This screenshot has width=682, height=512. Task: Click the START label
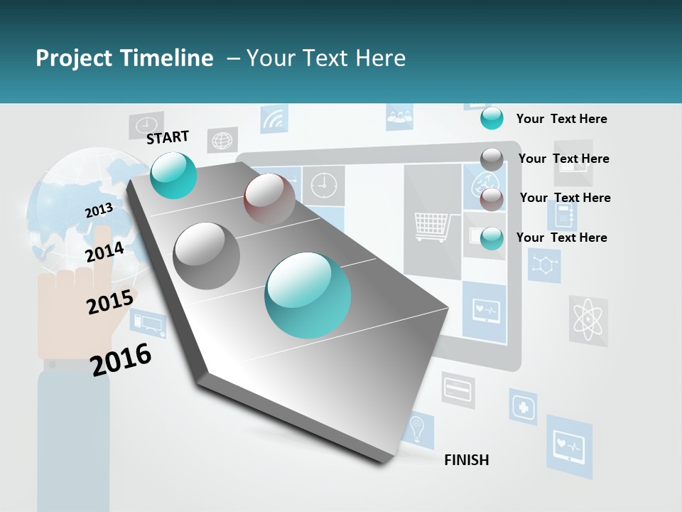(168, 137)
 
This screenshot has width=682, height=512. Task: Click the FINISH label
(466, 460)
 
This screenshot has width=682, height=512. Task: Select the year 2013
(99, 210)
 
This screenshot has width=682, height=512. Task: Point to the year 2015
(109, 302)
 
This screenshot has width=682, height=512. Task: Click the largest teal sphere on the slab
(308, 295)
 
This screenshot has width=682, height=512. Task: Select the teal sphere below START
(173, 175)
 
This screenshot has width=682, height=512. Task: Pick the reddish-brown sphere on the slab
(269, 199)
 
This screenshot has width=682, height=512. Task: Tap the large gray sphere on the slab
(207, 255)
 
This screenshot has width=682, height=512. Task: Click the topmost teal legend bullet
(492, 118)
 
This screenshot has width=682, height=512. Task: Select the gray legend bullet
(492, 159)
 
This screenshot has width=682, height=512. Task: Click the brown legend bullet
(492, 199)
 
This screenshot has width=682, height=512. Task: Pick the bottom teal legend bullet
(492, 238)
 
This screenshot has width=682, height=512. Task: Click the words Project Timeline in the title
(124, 58)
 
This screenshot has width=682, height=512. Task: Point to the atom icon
(588, 321)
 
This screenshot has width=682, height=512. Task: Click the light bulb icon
(418, 429)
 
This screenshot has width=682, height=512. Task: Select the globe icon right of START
(222, 140)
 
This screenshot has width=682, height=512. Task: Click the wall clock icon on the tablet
(323, 185)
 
